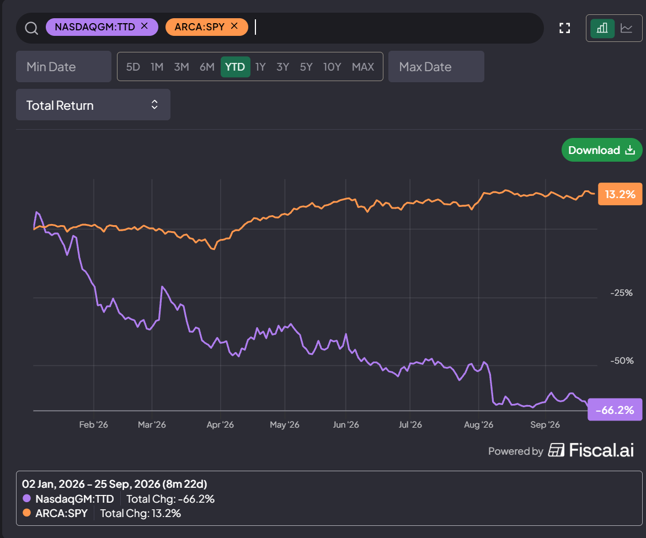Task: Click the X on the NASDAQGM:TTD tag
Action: (144, 26)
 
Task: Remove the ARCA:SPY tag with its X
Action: (234, 26)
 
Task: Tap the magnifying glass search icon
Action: (31, 28)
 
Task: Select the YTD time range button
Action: (235, 67)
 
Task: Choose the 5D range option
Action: (133, 67)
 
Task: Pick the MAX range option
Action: (363, 67)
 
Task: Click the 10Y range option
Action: (332, 67)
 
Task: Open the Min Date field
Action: (63, 66)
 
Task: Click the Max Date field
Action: (436, 66)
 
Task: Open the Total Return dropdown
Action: (93, 105)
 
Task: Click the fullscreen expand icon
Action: (565, 28)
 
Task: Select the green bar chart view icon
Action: (602, 28)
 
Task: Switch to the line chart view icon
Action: (627, 28)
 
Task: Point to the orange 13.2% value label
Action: (620, 194)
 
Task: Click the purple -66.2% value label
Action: (615, 409)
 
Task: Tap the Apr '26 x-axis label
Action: (220, 425)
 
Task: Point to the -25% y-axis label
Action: (621, 293)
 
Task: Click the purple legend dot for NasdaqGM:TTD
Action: (27, 498)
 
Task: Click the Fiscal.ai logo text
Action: (601, 450)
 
